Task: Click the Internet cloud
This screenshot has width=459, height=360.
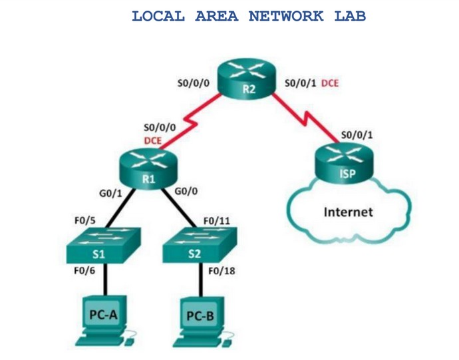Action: pos(348,212)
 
